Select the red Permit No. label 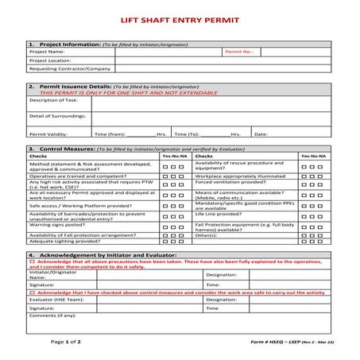point(238,51)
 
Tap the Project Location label point(51,60)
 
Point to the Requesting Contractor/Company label point(70,69)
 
